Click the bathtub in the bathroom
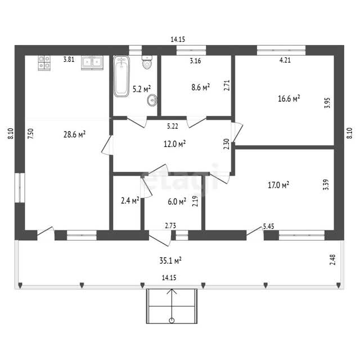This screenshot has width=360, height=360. point(121,76)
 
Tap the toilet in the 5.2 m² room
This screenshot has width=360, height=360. point(147,62)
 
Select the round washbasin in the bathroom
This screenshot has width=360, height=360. point(152,100)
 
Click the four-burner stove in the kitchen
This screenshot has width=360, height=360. point(44,62)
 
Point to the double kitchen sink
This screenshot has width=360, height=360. point(92,62)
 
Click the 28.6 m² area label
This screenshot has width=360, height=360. point(75,134)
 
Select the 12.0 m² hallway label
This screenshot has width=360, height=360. point(174,144)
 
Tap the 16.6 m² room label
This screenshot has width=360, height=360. point(289,98)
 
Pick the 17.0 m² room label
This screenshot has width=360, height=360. point(278,185)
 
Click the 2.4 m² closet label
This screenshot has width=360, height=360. point(130,201)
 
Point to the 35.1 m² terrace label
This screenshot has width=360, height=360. point(170,260)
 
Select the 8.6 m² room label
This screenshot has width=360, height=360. point(201,87)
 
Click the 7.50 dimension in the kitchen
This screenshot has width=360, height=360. point(30,133)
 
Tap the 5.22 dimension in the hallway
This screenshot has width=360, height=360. point(173,126)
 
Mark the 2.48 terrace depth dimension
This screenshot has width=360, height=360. point(332,260)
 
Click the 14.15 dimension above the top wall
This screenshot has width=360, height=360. point(178,39)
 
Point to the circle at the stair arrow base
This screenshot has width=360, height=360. point(172,321)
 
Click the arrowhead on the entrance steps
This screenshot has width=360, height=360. point(172,291)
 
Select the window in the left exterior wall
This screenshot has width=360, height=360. point(20,187)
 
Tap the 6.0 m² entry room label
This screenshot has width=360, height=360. point(177,201)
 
